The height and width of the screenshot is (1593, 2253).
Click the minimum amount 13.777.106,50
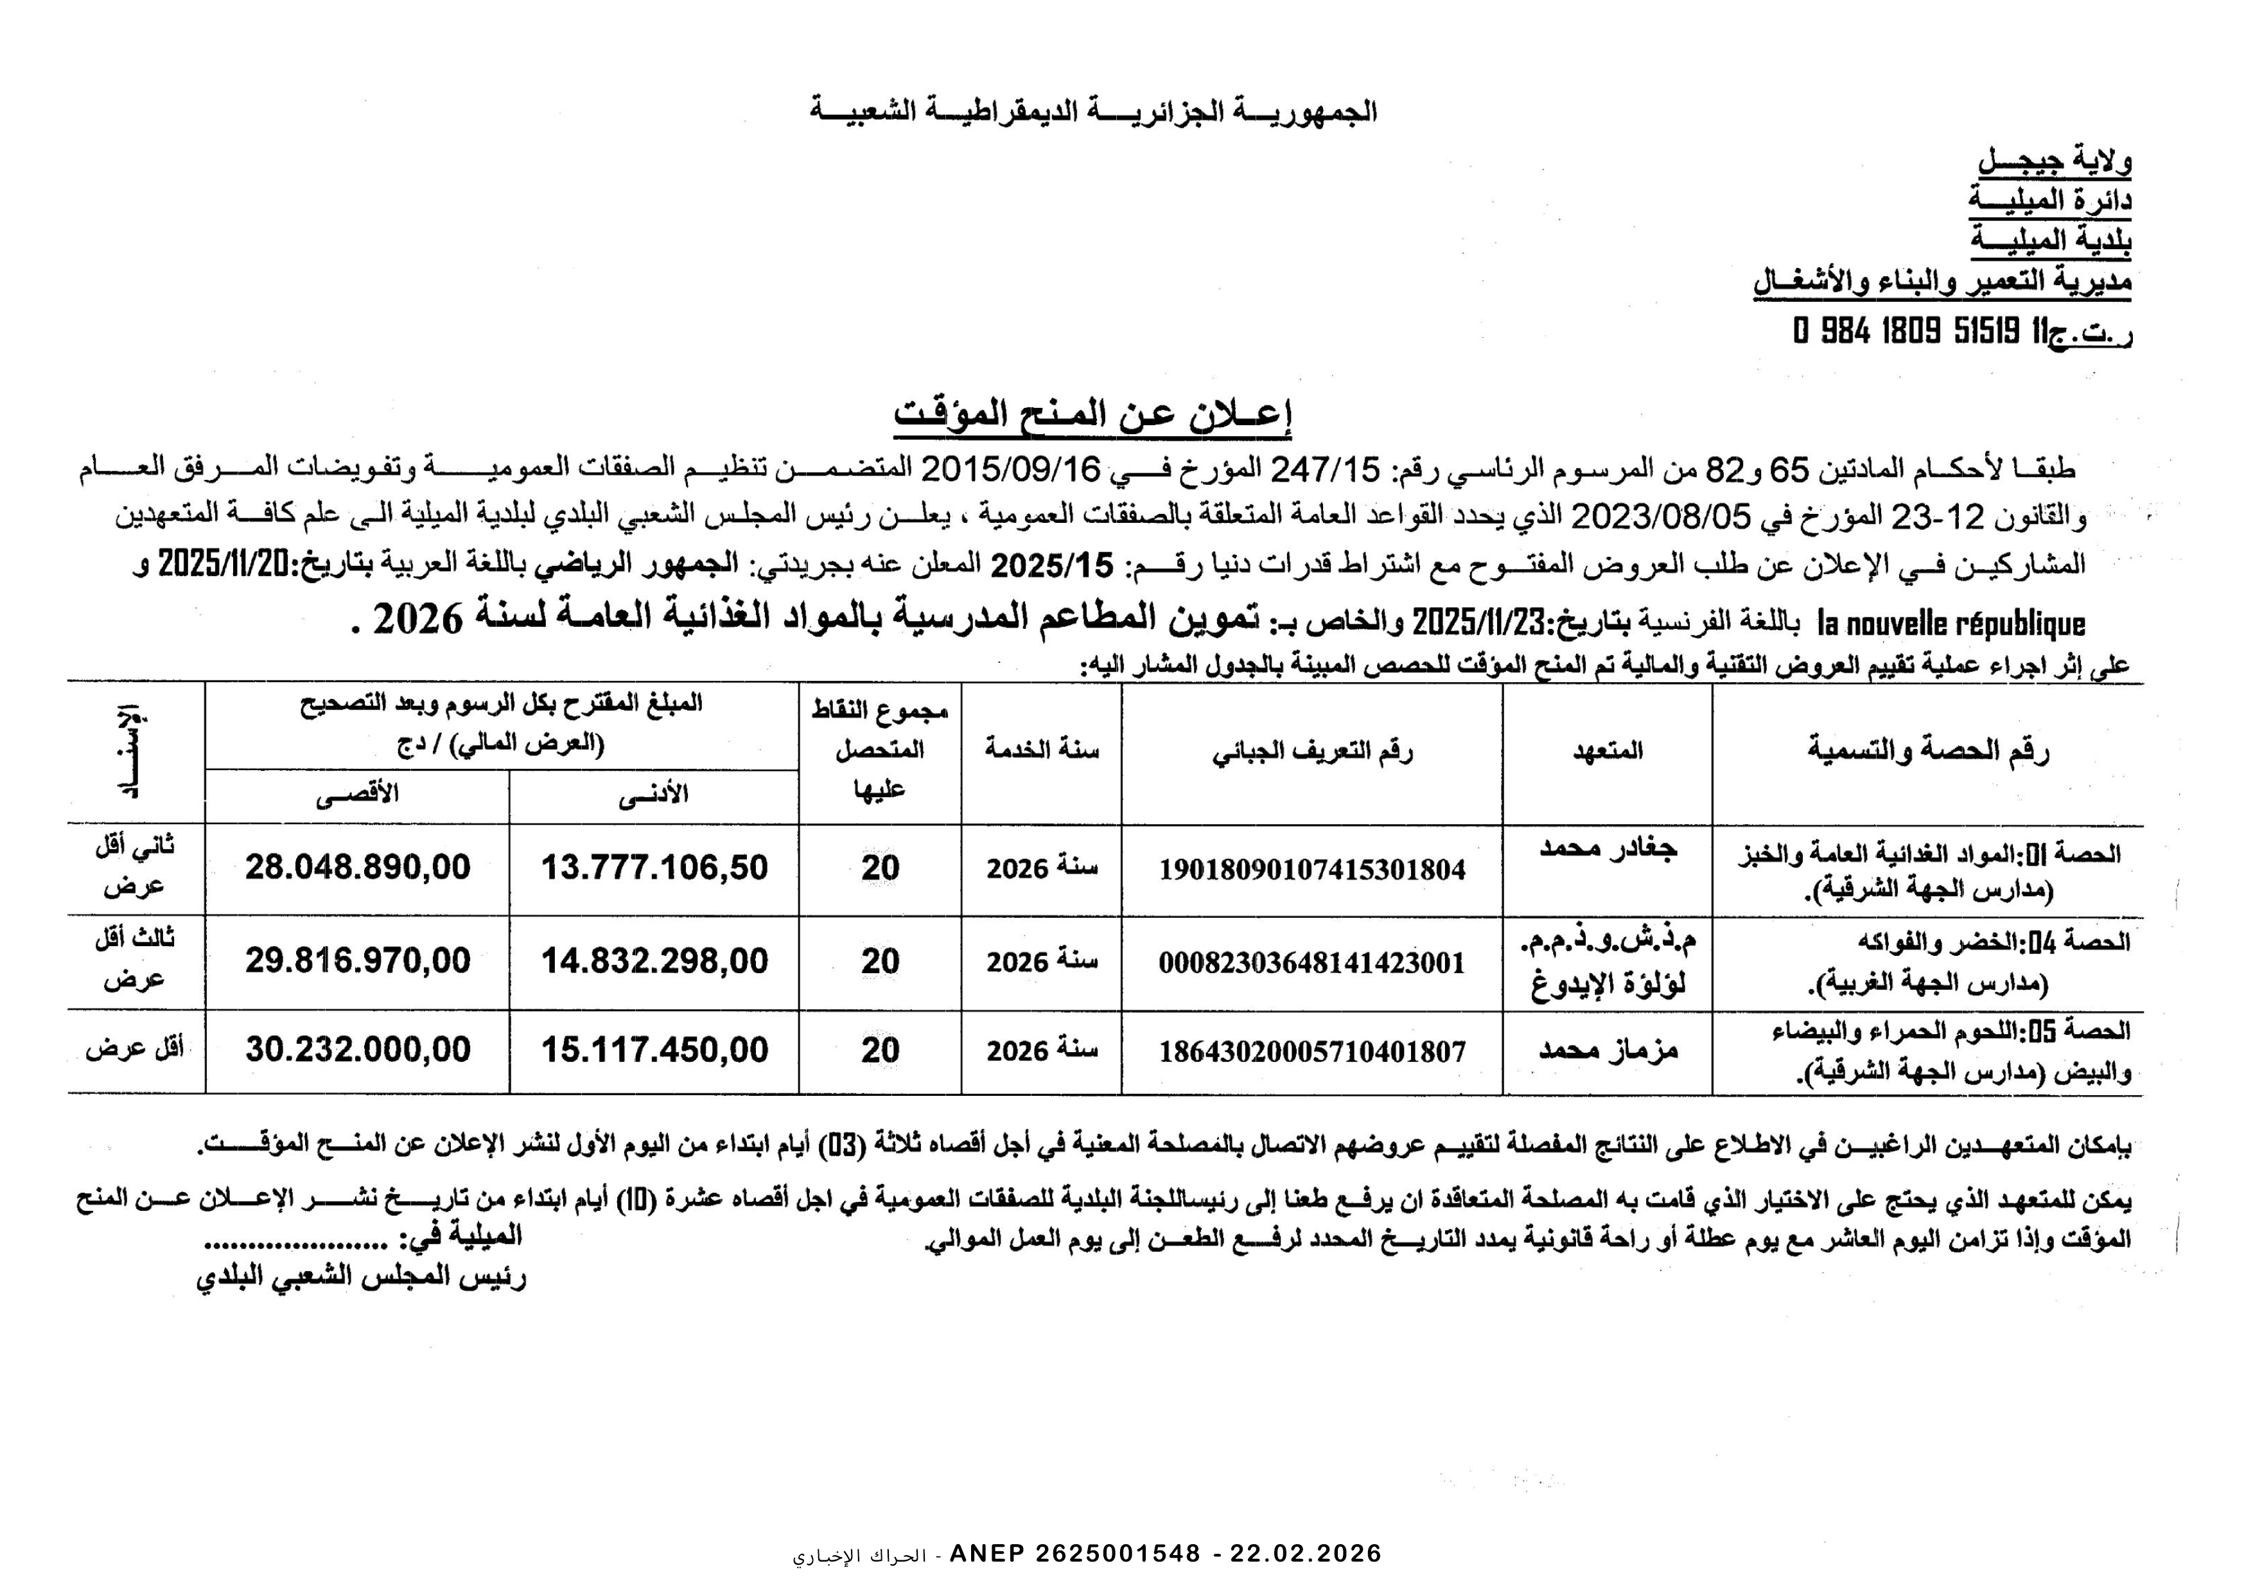tap(654, 868)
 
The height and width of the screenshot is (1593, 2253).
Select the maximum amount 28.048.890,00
tap(358, 868)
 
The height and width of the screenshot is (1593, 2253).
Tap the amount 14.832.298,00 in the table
tap(654, 961)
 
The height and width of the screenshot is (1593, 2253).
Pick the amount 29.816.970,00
tap(358, 961)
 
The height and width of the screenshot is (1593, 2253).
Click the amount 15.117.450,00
tap(654, 1050)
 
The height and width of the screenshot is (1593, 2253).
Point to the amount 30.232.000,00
tap(358, 1050)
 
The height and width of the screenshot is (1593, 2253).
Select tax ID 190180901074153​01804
tap(1312, 870)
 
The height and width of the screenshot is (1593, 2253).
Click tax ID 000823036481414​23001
tap(1312, 963)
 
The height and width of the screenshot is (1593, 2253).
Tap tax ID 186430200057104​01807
tap(1312, 1052)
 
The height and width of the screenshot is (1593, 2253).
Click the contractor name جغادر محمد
tap(1608, 848)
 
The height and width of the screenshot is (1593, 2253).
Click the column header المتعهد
tap(1608, 752)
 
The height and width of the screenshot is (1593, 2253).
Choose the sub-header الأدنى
tap(654, 795)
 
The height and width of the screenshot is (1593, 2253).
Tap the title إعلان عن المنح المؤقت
tap(1092, 414)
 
